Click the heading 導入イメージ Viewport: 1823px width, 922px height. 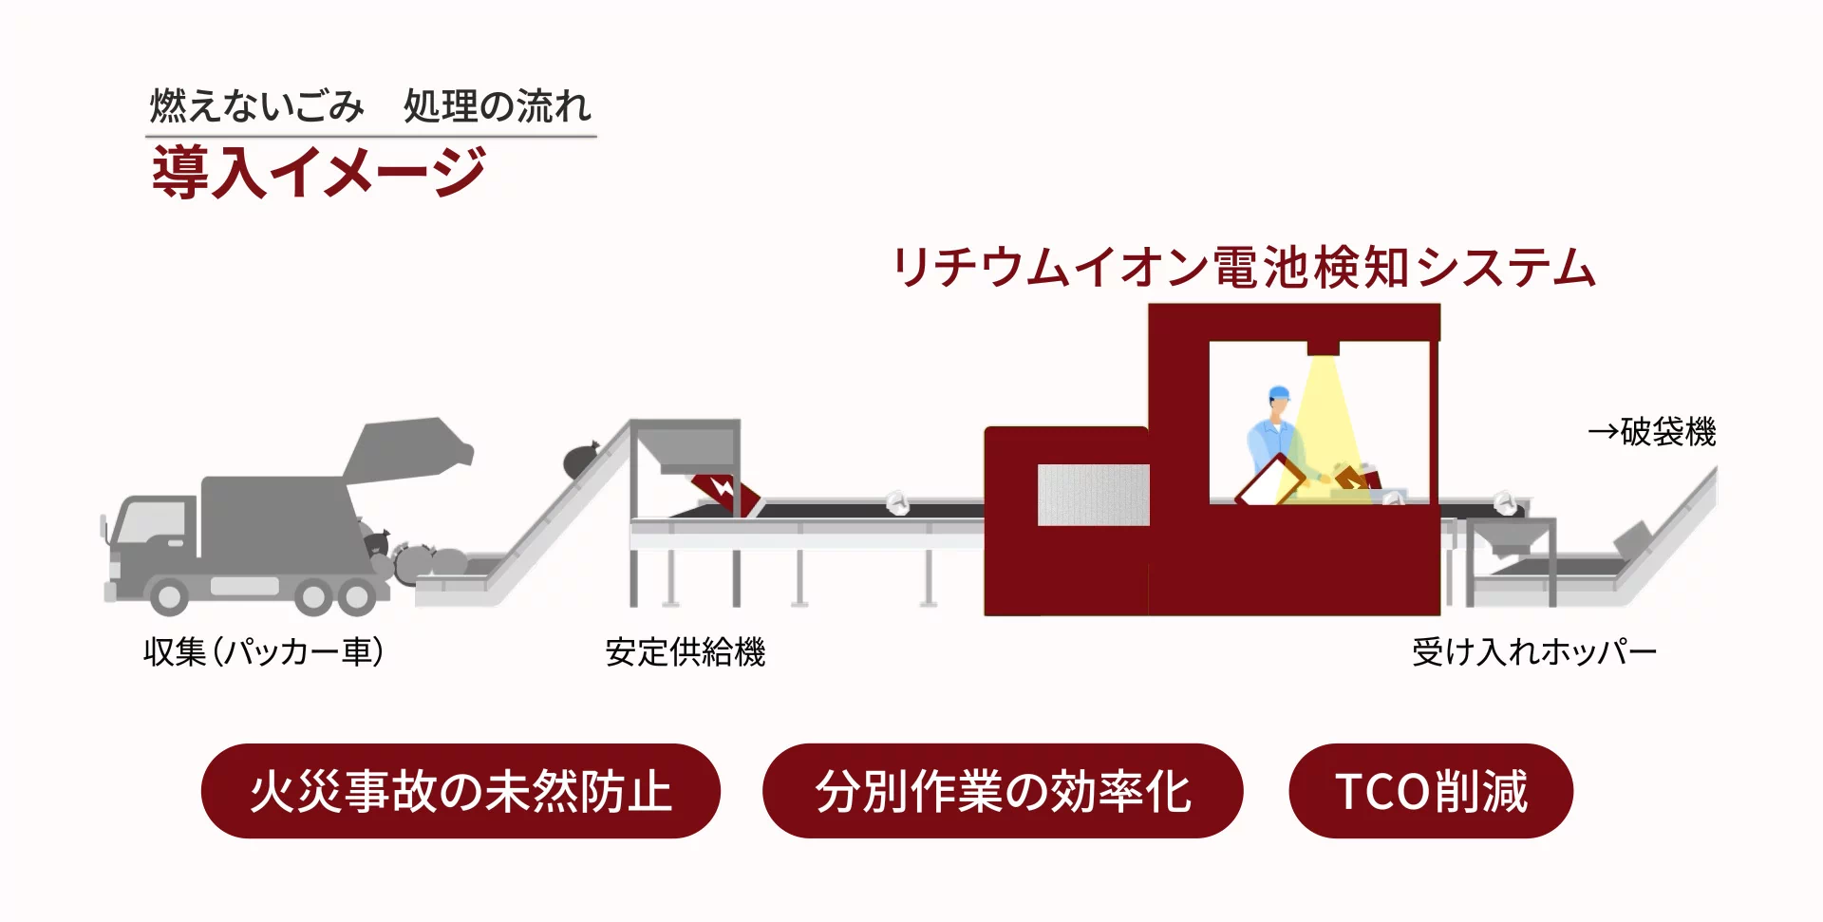[319, 172]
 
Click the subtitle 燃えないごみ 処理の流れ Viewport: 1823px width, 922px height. [370, 105]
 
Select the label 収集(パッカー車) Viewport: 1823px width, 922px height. [264, 651]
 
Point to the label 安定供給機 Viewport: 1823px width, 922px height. [685, 651]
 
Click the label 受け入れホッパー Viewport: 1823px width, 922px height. [1533, 651]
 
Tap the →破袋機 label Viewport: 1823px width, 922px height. [1652, 432]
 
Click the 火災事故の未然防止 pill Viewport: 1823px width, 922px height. [460, 791]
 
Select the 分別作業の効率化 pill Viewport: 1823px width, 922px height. [1003, 791]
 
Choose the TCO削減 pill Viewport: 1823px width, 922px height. [1431, 791]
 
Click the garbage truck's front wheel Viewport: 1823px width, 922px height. [169, 596]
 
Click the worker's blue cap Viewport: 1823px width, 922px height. [1279, 393]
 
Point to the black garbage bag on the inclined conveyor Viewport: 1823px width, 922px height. [581, 461]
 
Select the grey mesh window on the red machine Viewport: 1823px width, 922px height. [1093, 495]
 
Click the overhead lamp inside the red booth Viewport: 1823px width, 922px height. [1323, 348]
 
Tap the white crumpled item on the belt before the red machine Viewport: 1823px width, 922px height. [896, 502]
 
